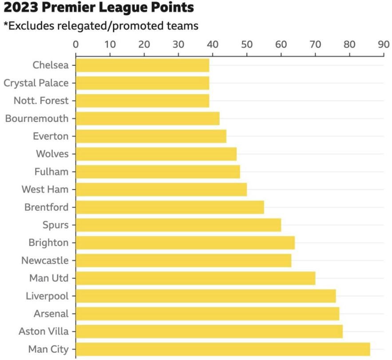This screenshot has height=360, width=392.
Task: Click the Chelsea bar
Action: [142, 65]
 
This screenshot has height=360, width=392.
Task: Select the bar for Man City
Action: [222, 349]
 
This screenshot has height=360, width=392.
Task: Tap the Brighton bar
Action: [185, 243]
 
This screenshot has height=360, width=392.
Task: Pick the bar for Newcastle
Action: [183, 261]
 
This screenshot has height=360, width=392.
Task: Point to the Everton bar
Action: [151, 136]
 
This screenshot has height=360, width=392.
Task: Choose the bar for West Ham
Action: [161, 190]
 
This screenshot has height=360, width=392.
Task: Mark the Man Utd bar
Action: [195, 278]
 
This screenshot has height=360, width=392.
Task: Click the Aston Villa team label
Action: [44, 331]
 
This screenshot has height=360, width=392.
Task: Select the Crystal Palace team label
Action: [36, 83]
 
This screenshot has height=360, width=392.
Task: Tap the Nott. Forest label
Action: [41, 101]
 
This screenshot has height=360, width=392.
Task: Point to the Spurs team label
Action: [55, 225]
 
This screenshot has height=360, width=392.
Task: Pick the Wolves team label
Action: [52, 154]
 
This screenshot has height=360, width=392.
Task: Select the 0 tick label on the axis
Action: [75, 44]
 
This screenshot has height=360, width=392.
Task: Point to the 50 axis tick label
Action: [246, 44]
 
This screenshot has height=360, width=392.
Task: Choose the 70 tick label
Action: [315, 44]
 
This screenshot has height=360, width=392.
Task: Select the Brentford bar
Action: [170, 207]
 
